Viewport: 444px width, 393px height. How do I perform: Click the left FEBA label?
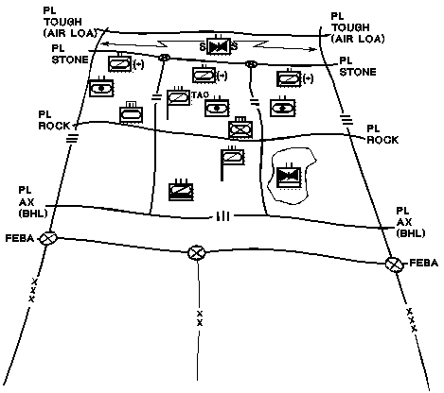20,238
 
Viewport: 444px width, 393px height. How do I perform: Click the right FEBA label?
424,263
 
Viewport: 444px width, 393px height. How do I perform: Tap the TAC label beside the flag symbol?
200,94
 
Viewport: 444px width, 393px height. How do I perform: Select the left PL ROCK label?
54,120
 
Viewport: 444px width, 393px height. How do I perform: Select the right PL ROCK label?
382,134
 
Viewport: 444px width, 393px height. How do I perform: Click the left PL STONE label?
70,54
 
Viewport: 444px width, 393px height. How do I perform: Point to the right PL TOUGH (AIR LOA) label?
358,27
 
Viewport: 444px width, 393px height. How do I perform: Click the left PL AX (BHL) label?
33,202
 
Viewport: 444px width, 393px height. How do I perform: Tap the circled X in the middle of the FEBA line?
196,253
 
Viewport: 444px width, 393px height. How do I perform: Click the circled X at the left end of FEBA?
48,239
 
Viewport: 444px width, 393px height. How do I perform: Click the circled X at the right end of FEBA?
395,264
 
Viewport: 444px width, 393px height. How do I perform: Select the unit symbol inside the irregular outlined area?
289,177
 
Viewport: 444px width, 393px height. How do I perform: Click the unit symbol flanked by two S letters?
218,45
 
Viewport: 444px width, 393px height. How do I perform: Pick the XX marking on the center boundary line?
200,318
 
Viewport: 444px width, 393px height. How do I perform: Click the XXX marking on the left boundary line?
33,290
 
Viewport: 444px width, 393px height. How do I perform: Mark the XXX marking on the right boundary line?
412,320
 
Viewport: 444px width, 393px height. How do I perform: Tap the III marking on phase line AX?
223,216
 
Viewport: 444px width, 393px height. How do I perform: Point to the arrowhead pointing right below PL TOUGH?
312,49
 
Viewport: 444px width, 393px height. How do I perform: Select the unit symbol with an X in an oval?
240,128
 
